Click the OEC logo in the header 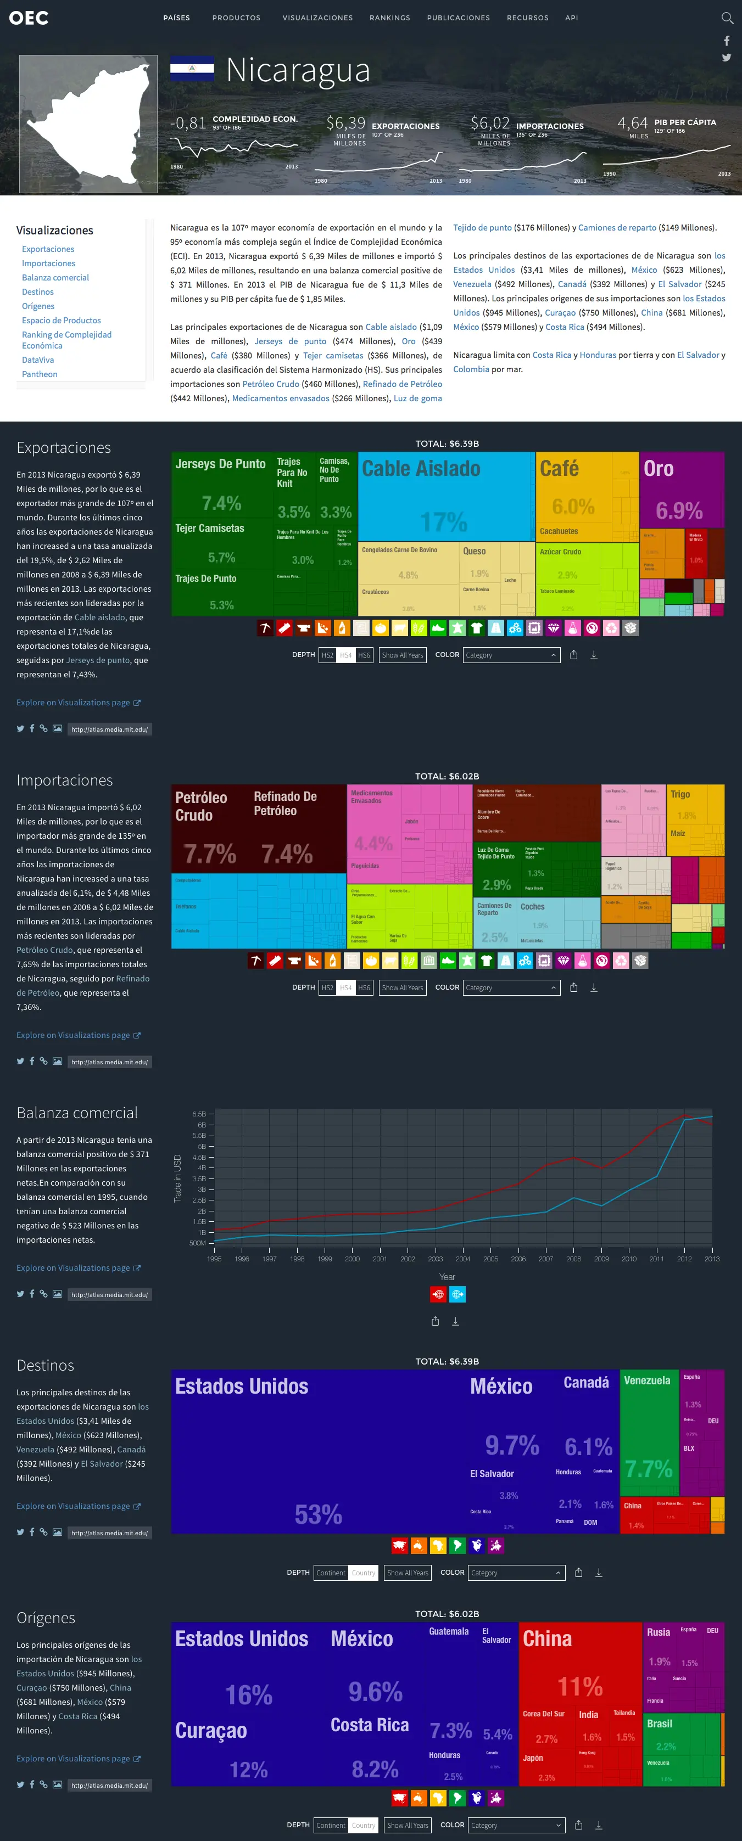tap(29, 18)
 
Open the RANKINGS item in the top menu tap(389, 18)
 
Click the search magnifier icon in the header tap(727, 18)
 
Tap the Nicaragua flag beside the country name tap(192, 69)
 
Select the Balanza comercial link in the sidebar tap(55, 277)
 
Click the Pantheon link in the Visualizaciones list tap(40, 374)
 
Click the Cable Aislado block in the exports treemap tap(445, 497)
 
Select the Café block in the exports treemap tap(572, 493)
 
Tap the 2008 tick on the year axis tap(573, 1259)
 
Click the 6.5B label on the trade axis tap(199, 1114)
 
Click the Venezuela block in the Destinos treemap tap(648, 1436)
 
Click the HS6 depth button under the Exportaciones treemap tap(364, 655)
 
